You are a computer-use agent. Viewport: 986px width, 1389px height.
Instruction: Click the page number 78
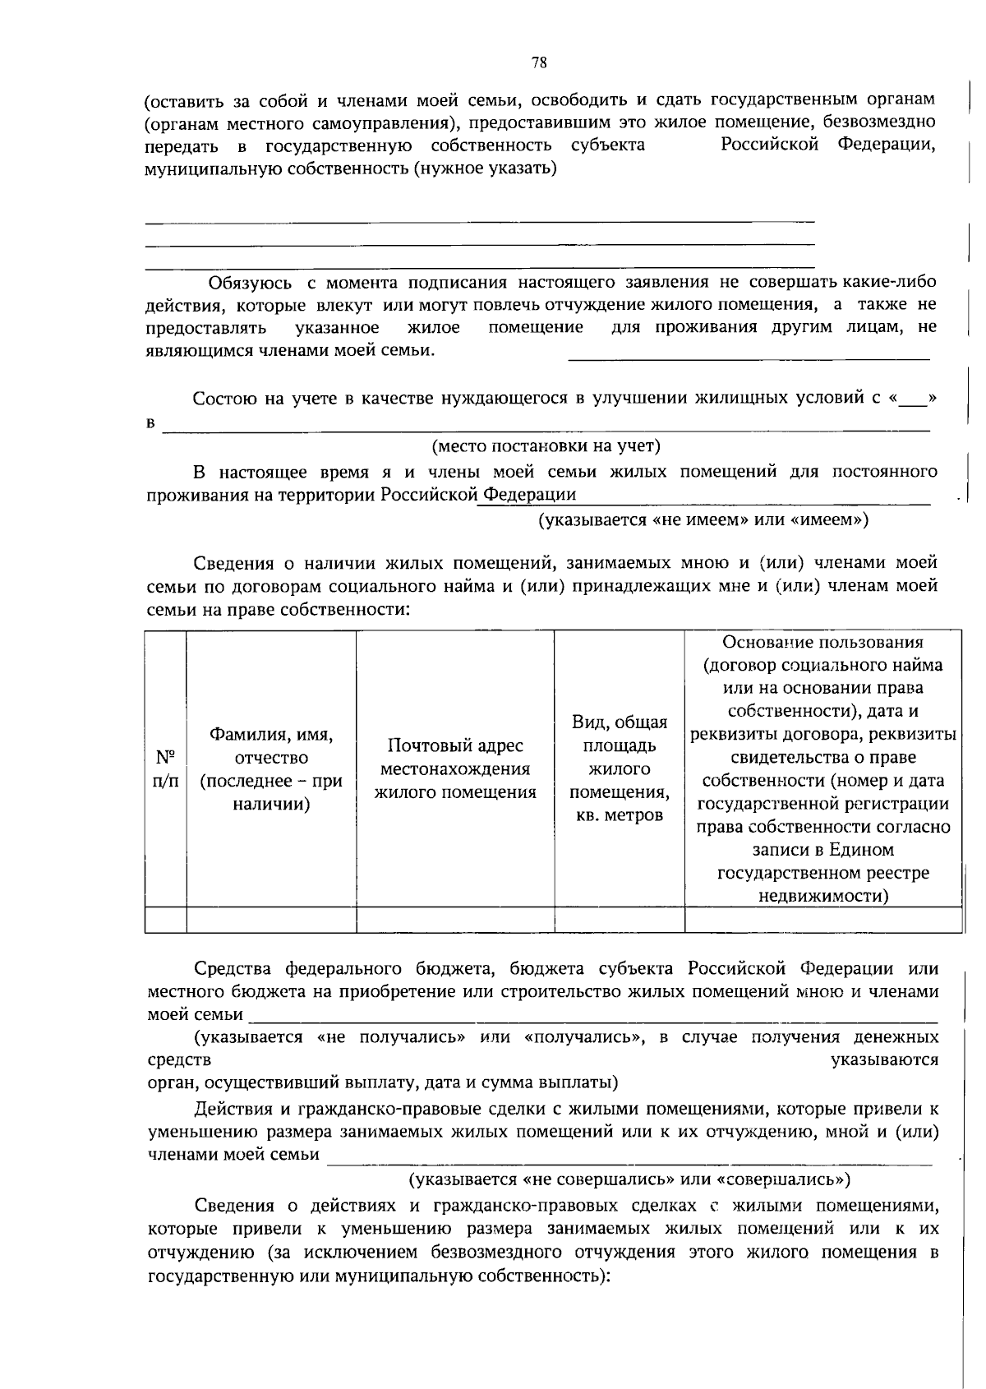click(539, 63)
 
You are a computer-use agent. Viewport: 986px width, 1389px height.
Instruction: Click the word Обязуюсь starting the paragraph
click(250, 284)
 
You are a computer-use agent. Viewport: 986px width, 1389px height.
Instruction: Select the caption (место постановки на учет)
click(546, 446)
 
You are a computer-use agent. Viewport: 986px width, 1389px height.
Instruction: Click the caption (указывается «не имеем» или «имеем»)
click(703, 519)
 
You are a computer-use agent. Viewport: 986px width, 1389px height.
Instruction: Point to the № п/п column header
click(166, 768)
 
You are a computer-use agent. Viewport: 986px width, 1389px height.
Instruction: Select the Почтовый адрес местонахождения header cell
click(455, 768)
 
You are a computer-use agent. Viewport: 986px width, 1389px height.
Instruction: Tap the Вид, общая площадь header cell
click(620, 768)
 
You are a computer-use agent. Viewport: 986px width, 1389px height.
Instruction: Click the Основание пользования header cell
click(822, 768)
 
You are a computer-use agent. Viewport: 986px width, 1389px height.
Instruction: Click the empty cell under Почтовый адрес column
click(455, 920)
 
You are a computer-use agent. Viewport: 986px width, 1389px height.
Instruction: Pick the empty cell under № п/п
click(166, 920)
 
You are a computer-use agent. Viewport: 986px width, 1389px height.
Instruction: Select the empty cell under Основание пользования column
click(822, 920)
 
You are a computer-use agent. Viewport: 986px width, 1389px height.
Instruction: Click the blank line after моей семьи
click(592, 1017)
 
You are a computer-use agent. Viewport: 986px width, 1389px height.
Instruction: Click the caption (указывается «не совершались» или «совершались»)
click(630, 1179)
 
